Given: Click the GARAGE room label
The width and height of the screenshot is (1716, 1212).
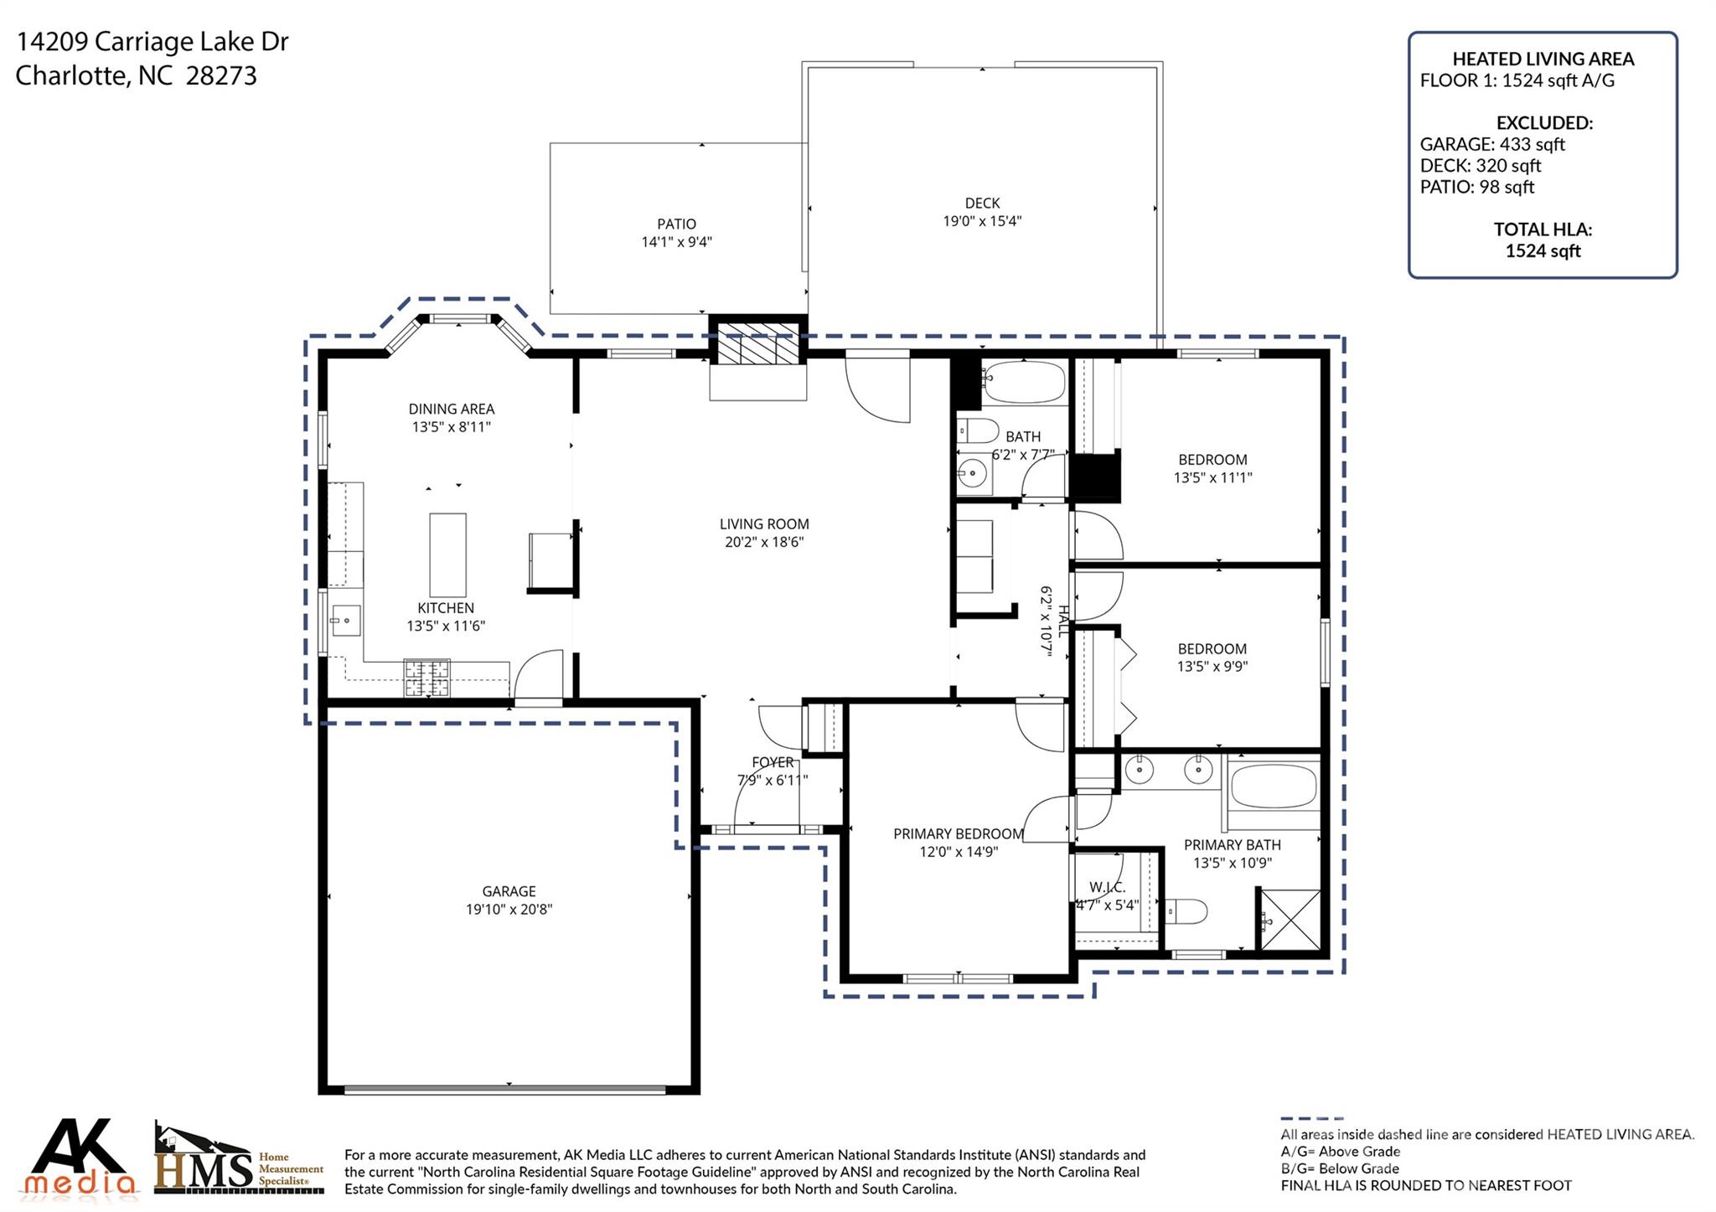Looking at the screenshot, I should tap(509, 891).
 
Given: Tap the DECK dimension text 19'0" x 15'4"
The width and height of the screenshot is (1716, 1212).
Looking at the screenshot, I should tap(982, 222).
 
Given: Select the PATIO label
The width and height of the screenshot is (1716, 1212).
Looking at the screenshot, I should tap(676, 224).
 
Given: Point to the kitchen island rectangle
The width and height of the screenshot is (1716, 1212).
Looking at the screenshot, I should tap(447, 554).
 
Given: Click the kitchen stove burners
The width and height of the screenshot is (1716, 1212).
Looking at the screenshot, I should tap(427, 678).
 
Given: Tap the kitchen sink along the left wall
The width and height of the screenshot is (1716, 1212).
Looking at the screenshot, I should tap(344, 621).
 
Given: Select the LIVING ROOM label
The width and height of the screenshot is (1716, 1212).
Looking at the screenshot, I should tap(764, 524).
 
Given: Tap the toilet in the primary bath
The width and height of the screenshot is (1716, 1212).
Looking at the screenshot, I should tap(1185, 910).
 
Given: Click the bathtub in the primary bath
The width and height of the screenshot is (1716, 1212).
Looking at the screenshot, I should tap(1274, 786).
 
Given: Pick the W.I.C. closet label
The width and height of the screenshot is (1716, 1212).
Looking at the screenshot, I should tap(1108, 887).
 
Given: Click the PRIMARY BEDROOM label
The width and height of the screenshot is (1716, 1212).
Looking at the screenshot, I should tap(958, 834).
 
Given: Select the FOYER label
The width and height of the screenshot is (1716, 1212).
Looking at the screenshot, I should tap(773, 762).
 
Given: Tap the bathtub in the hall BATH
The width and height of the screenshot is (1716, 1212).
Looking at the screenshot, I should tap(1023, 383).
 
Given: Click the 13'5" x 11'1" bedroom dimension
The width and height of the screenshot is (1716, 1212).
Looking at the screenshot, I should tap(1212, 478).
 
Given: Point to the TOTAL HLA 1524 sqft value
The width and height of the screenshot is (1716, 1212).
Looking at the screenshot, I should tap(1543, 251).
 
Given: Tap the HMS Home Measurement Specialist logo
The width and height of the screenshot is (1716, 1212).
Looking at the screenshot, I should tap(239, 1161).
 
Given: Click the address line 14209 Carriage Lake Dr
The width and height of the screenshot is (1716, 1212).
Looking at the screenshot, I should tap(152, 41).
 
